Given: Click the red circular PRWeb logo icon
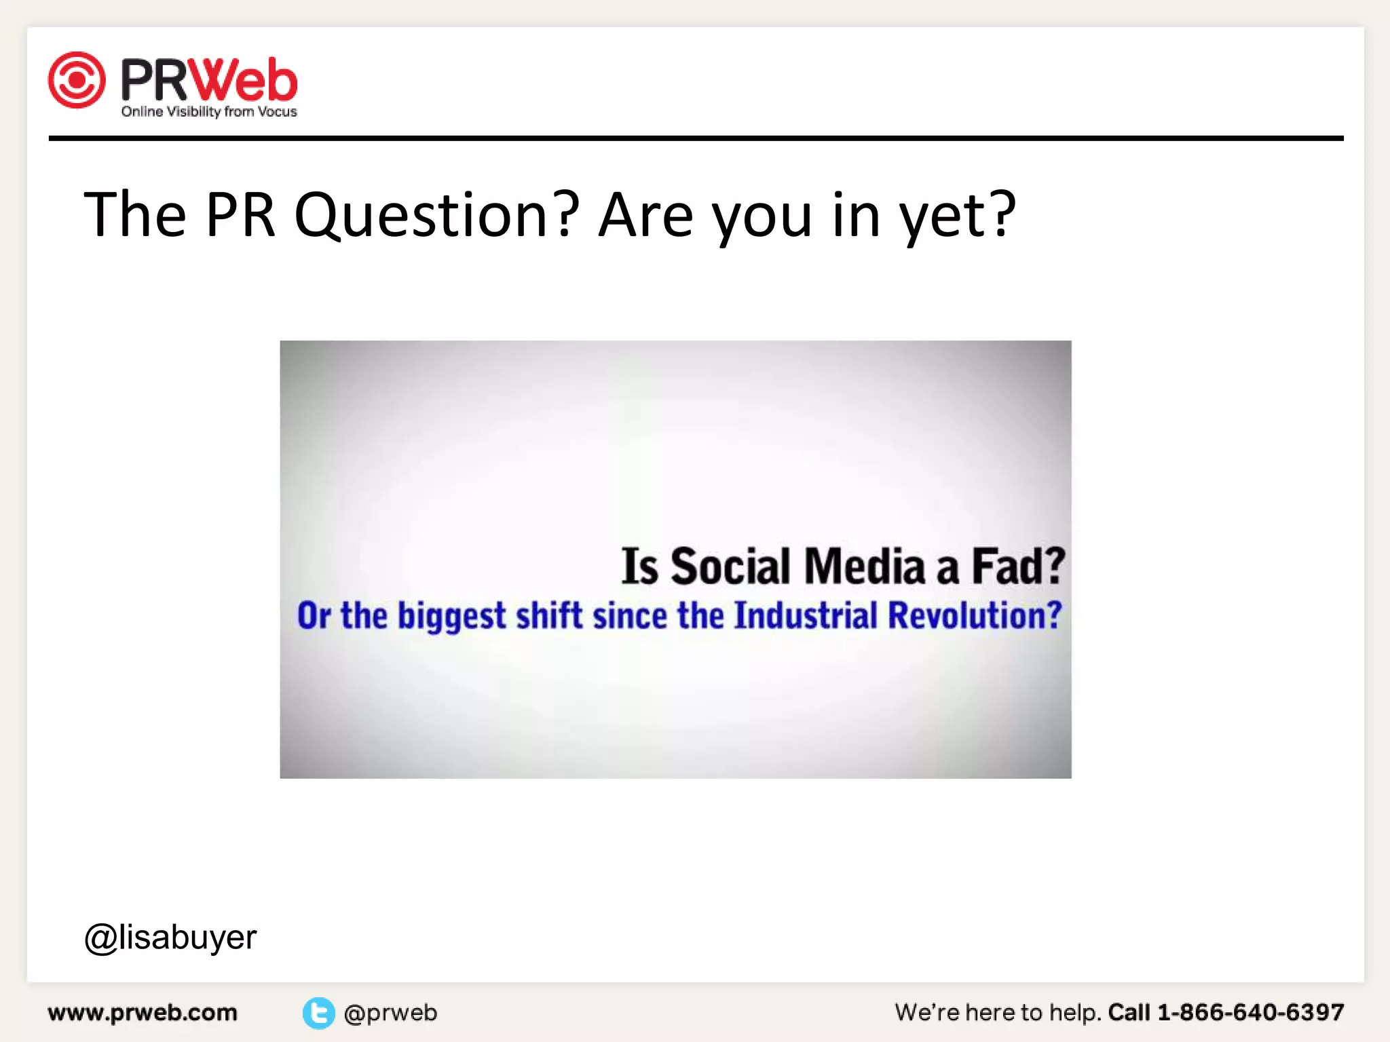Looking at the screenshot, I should point(77,80).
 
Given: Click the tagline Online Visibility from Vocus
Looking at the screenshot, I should point(209,112).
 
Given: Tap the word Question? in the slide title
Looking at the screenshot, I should point(436,215).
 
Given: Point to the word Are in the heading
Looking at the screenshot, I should point(645,215).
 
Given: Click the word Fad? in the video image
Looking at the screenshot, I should point(1018,566).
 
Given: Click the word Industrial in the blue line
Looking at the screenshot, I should point(806,615).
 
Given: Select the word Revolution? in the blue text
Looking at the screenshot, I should point(975,615).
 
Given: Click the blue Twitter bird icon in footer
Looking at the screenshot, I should point(318,1013).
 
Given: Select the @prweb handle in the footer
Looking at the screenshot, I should point(390,1013).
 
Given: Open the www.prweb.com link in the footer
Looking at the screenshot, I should point(143,1013).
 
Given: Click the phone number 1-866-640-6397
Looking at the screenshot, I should point(1250,1012).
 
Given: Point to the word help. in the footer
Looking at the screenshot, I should point(1075,1013).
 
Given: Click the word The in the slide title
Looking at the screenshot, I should point(134,215).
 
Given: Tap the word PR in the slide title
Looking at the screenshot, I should point(240,215).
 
